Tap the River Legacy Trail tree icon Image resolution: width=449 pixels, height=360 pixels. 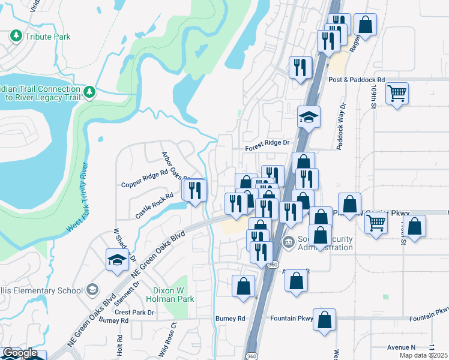[x=89, y=92]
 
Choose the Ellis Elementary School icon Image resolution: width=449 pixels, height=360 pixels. [x=92, y=290]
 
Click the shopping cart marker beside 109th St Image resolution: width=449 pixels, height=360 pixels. [x=397, y=94]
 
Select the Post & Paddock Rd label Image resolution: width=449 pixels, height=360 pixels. [x=356, y=80]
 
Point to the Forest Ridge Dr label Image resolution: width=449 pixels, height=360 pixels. [x=267, y=143]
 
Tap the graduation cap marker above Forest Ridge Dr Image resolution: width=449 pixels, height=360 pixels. [x=309, y=117]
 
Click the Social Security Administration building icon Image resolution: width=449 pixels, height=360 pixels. [x=288, y=243]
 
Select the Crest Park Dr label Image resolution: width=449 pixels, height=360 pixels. [x=134, y=313]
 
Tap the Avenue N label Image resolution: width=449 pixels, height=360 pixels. [x=401, y=347]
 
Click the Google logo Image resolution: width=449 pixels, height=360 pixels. [x=20, y=353]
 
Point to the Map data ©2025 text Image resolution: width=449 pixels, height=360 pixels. [x=423, y=355]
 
